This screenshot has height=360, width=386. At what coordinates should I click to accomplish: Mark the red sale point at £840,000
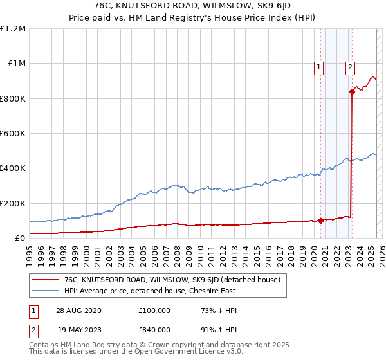coord(353,91)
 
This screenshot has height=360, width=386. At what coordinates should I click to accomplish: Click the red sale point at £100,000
coord(320,221)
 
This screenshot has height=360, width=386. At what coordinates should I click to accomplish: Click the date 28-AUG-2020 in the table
coord(78,310)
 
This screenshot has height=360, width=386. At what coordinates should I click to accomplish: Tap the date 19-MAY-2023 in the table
coord(78,330)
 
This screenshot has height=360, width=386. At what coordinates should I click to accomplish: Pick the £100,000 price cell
coord(154,310)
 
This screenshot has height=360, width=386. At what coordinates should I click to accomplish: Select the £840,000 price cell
coord(154,330)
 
